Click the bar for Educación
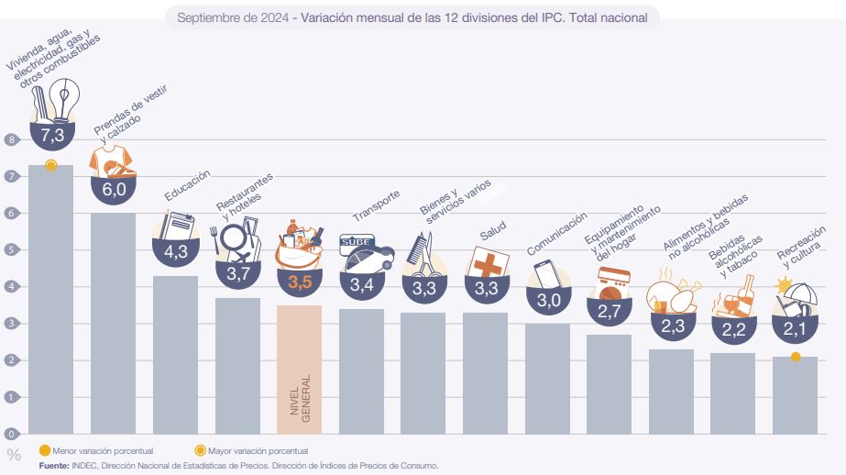(x=175, y=354)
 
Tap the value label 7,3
(x=51, y=136)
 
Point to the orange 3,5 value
(x=300, y=283)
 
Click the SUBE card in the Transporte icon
(x=356, y=243)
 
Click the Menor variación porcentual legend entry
(x=101, y=449)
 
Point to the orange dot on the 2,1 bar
(x=796, y=357)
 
